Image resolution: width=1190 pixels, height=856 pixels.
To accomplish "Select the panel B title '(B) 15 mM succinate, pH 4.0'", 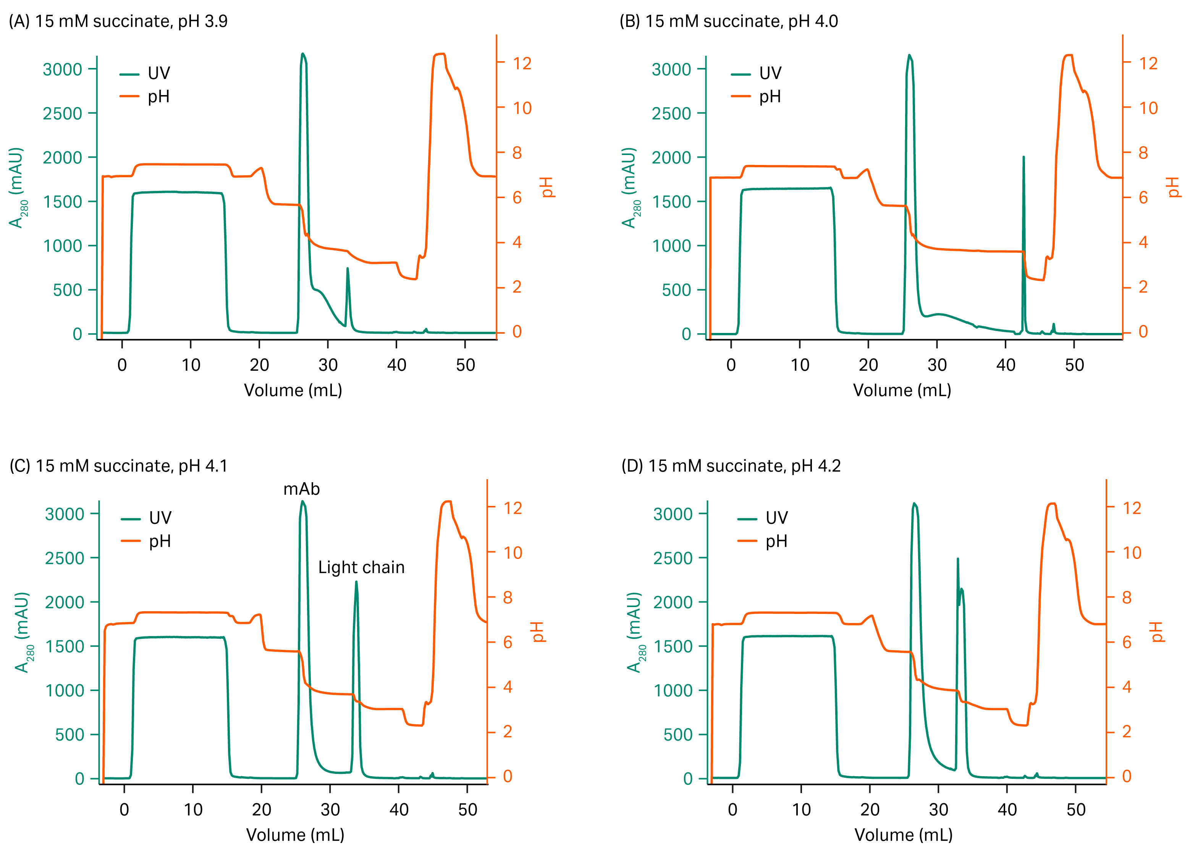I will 728,21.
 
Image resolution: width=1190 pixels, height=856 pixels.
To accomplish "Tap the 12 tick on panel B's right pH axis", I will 1148,63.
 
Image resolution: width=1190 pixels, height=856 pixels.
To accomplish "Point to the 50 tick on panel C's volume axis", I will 467,809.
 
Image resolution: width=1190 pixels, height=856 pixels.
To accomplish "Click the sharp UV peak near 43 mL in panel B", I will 1023,157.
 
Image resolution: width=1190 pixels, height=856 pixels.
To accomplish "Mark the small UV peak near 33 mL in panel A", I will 348,269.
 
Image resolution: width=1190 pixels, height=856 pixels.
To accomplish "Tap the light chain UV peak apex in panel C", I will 356,582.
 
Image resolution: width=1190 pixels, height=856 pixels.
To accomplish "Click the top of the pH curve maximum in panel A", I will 440,54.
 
